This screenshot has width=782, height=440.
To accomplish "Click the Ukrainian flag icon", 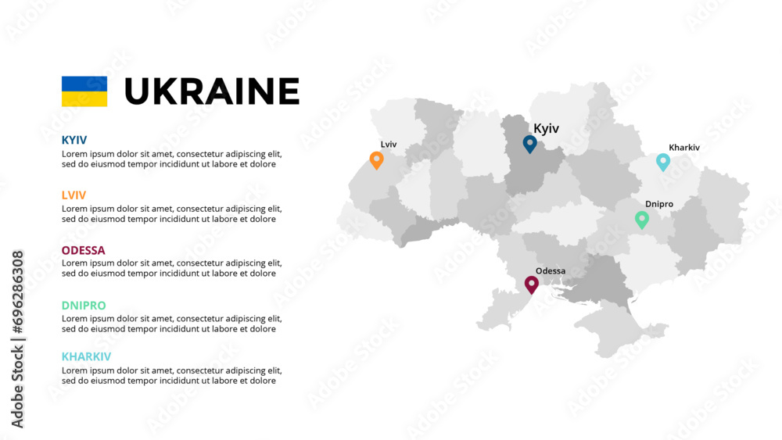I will click(x=84, y=91).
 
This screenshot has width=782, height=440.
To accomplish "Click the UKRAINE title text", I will click(x=212, y=91).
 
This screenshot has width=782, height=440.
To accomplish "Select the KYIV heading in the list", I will click(x=74, y=140).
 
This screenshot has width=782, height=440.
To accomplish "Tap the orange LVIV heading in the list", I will click(x=74, y=195).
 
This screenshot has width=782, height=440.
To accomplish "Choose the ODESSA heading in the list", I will click(x=83, y=250).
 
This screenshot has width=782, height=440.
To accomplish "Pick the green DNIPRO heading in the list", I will click(x=84, y=306).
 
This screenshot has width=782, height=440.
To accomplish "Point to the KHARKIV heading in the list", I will click(x=86, y=356).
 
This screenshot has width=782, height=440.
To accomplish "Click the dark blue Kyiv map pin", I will click(x=529, y=143).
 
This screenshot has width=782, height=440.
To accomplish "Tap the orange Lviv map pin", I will click(x=376, y=159).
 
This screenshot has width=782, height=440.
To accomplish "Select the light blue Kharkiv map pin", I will click(x=662, y=161).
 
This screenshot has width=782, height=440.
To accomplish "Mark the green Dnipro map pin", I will click(x=642, y=219).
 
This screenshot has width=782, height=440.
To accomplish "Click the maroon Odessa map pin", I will click(x=532, y=284).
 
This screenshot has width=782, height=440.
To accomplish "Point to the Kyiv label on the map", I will click(x=546, y=129).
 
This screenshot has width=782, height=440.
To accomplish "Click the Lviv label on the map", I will click(x=389, y=145).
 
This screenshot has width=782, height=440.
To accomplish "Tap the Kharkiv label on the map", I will click(x=684, y=147).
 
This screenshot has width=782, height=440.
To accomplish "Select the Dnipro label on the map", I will click(x=659, y=204).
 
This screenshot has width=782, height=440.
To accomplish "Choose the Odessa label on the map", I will click(x=551, y=271).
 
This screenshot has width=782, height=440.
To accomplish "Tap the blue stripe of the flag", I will click(x=84, y=84).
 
